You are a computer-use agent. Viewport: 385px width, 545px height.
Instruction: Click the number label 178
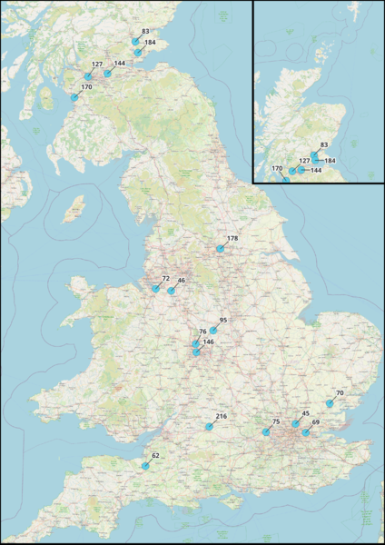coord(232,239)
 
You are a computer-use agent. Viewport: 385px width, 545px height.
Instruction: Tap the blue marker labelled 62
coord(143,466)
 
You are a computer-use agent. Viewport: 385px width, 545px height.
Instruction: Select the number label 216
coord(222,416)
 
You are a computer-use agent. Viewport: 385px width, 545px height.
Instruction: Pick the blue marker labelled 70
coord(329,403)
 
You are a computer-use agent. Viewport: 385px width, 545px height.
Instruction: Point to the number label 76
coord(203,332)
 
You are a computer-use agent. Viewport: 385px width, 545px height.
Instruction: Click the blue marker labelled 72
coord(156,289)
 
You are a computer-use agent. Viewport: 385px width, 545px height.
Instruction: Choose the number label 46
coord(182,281)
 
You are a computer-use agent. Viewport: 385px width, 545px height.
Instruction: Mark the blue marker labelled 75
coord(265,433)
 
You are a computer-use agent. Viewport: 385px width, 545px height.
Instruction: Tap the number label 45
coord(305,413)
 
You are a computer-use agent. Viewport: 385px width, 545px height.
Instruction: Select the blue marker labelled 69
coord(306,433)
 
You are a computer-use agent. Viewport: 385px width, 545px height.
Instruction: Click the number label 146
coord(208,342)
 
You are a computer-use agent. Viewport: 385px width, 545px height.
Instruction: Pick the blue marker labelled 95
coord(212,331)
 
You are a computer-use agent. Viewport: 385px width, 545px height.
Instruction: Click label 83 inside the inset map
coord(324,144)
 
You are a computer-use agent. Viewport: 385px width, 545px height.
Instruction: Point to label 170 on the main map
coord(86,87)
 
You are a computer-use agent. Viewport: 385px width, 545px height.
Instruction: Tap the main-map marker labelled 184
coord(138,53)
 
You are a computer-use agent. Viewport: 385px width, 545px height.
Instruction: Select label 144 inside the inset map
coord(316,170)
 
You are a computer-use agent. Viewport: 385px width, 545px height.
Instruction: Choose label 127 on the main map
coord(97,64)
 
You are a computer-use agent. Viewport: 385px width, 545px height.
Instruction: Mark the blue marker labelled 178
coord(219,248)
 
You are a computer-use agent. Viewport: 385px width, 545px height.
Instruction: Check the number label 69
coord(316,423)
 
